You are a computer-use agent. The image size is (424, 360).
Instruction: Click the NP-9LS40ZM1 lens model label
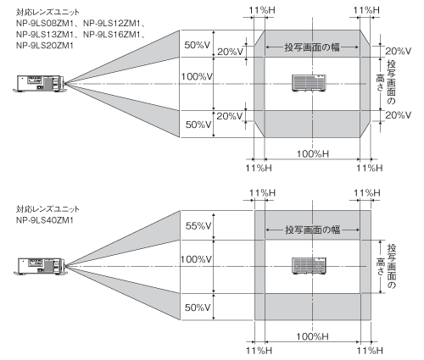tap(45, 220)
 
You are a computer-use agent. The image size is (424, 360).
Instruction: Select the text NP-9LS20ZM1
tap(45, 45)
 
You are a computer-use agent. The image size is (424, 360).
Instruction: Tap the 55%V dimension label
tap(198, 225)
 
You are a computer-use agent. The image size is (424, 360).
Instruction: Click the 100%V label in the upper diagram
tap(197, 76)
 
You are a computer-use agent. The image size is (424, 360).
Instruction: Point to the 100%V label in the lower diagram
tap(196, 259)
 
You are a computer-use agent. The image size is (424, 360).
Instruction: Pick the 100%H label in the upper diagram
tap(313, 154)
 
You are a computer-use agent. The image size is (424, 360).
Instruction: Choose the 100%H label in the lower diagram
tap(312, 336)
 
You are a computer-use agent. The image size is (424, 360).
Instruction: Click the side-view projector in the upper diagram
tap(40, 84)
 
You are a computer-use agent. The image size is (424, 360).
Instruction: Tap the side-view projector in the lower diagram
tap(40, 266)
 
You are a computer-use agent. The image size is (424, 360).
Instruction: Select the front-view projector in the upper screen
tap(309, 83)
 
